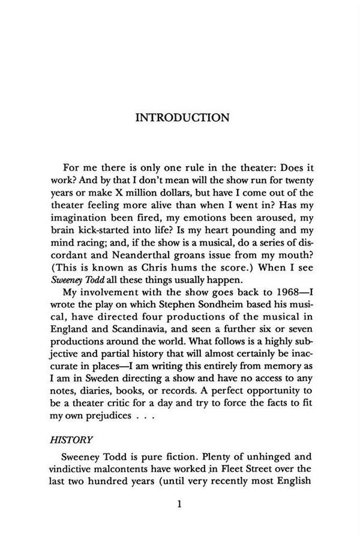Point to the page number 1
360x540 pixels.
click(x=180, y=504)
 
